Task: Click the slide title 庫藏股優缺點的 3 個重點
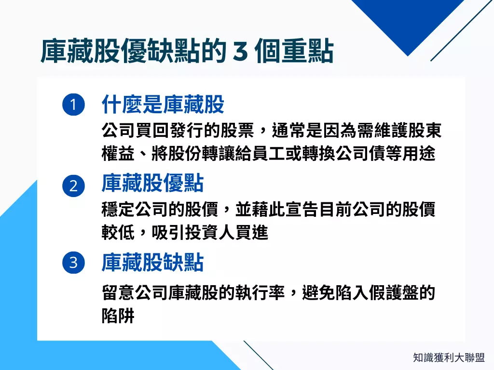click(x=187, y=52)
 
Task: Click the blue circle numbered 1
click(x=73, y=105)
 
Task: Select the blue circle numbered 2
click(x=73, y=185)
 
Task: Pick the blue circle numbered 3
click(x=73, y=263)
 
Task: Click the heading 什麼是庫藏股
click(x=163, y=104)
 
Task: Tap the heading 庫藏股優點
click(x=152, y=184)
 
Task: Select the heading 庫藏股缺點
click(x=152, y=263)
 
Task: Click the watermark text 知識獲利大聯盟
click(x=449, y=357)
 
